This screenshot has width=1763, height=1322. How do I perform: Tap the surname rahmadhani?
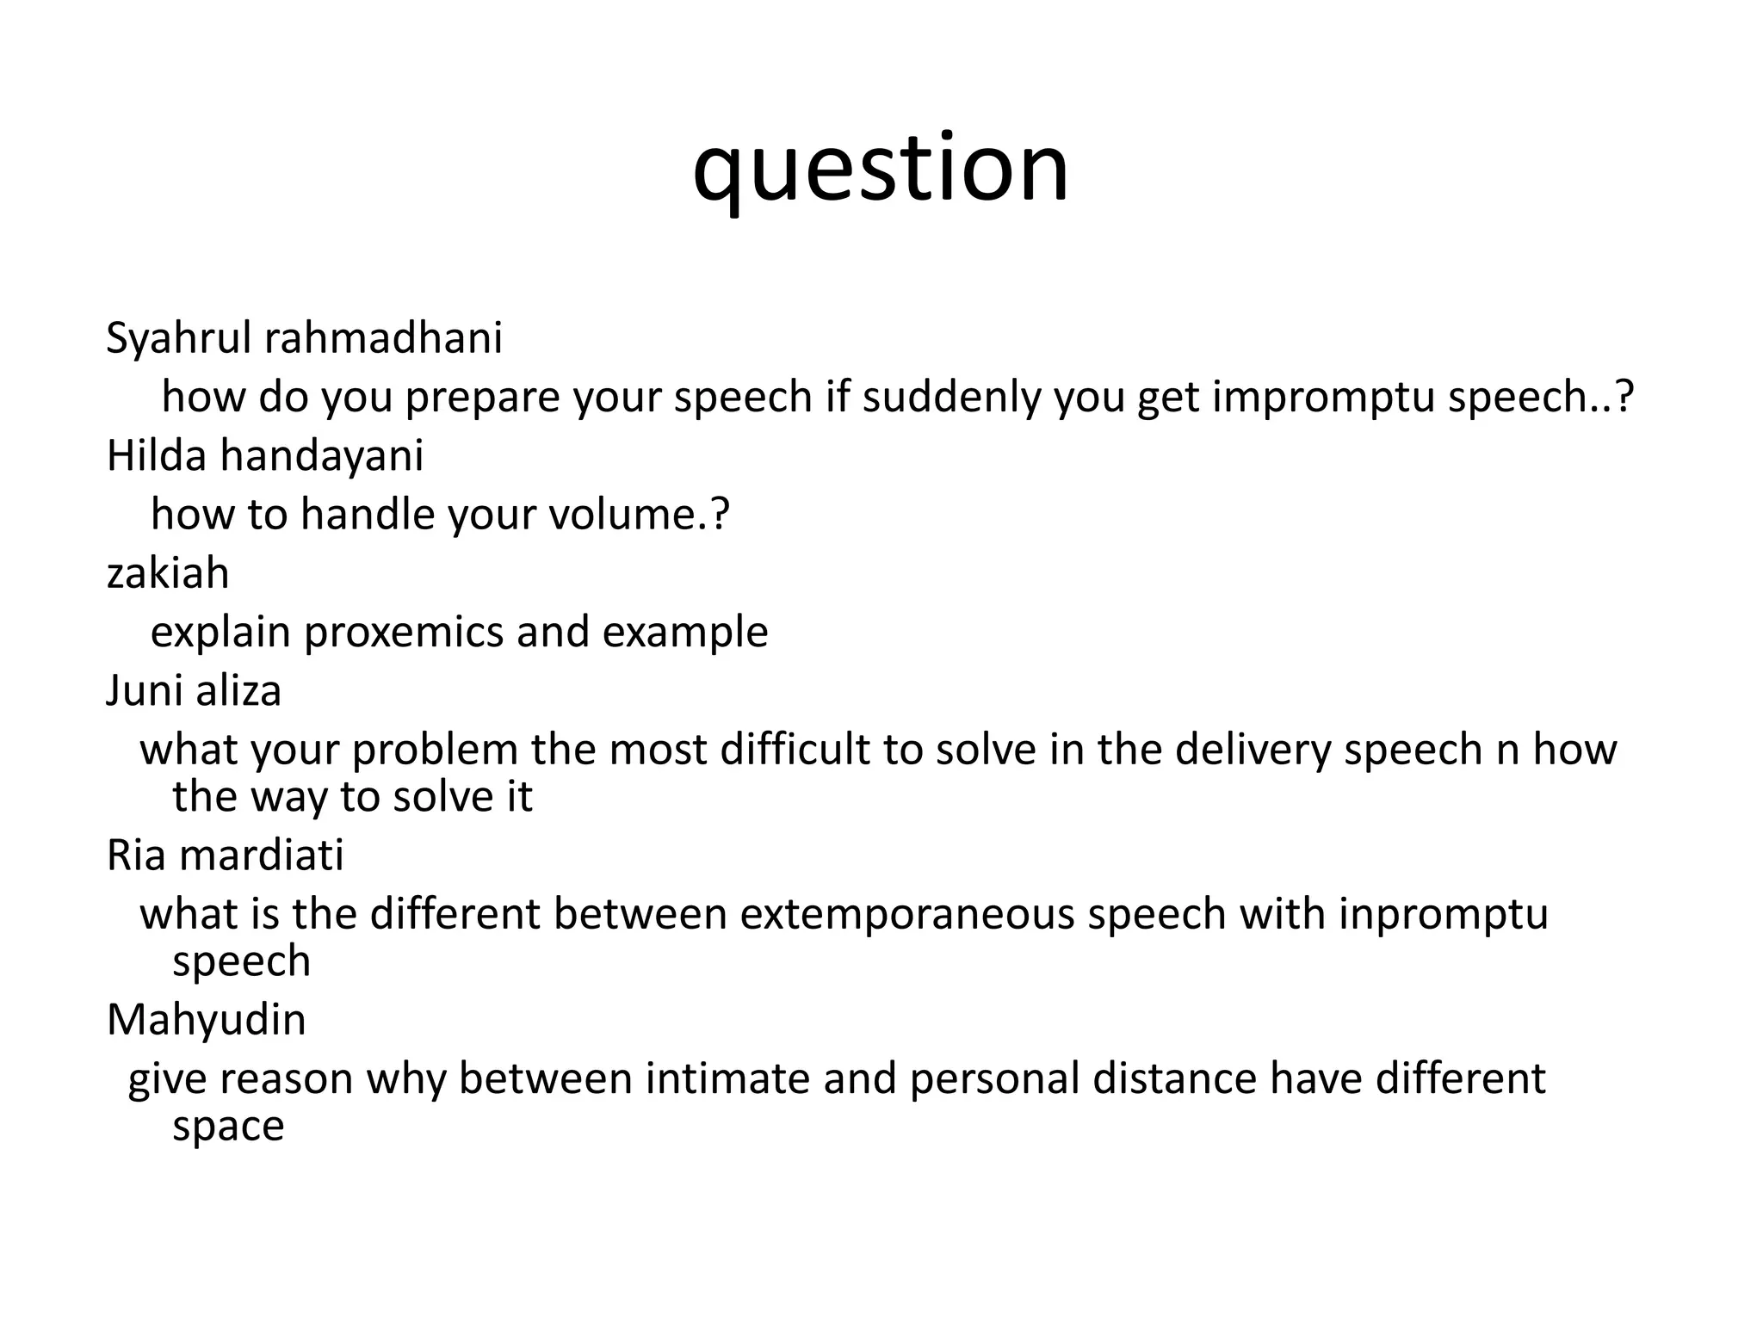point(383,338)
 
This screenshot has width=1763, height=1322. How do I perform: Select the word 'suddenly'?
point(952,398)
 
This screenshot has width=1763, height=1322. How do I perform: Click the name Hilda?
point(156,455)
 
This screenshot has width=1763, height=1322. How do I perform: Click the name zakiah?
point(168,573)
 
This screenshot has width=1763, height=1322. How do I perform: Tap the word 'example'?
point(684,633)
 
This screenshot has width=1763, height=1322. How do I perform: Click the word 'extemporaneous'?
point(906,914)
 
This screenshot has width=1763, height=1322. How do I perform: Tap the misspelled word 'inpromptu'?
point(1443,914)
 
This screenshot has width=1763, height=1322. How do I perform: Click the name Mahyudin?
point(207,1021)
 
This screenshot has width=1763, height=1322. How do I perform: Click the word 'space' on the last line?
point(228,1127)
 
